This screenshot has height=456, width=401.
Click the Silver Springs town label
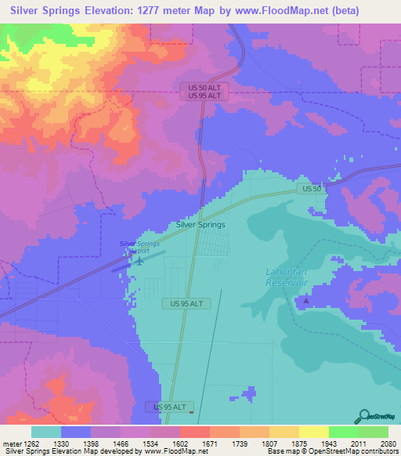tap(200, 224)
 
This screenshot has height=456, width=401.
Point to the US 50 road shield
tap(312, 190)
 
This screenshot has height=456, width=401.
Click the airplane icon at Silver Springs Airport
tap(139, 261)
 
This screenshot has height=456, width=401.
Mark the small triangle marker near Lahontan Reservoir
tap(305, 299)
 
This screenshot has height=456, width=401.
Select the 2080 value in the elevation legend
tap(388, 443)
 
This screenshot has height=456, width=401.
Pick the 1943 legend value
tap(328, 443)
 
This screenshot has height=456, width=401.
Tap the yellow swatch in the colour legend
tap(314, 431)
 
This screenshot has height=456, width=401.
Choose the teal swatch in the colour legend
tap(46, 431)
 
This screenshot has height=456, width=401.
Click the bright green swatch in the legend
tap(344, 431)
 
